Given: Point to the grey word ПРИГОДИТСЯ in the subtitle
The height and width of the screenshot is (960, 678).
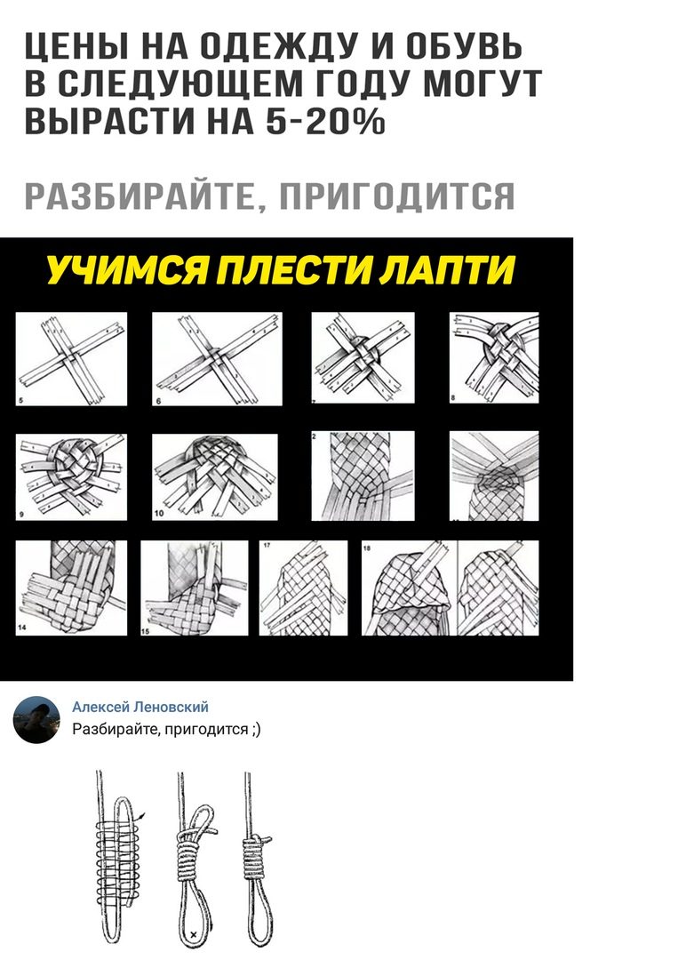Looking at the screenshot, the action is click(x=397, y=196).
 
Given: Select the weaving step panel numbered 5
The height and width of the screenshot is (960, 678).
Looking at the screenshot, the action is click(x=71, y=359).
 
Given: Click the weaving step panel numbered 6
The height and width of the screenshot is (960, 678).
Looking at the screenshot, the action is click(x=217, y=359).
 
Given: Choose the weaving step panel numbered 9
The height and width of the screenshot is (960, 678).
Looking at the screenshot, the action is click(x=71, y=477).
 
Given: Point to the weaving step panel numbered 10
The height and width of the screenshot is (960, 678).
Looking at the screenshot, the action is click(x=215, y=477).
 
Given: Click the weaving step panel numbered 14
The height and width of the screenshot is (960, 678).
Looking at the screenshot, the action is click(x=71, y=588).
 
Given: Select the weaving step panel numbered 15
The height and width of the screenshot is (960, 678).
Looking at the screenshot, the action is click(x=195, y=588).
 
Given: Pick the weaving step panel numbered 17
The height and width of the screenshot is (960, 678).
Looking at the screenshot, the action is click(x=304, y=588).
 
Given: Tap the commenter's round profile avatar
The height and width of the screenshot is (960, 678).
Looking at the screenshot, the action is click(x=36, y=719).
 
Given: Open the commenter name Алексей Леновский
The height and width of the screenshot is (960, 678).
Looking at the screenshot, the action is click(x=140, y=708).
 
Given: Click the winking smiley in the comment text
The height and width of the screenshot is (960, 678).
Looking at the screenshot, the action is click(x=256, y=730).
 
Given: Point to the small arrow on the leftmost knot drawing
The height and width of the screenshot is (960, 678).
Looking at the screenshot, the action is click(x=142, y=816).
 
